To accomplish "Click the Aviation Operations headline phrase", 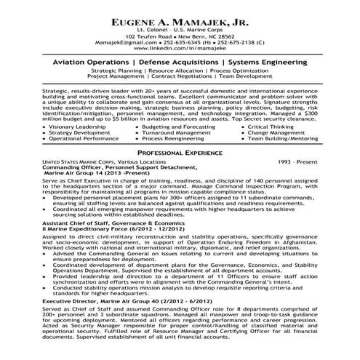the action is click(x=87, y=65).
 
